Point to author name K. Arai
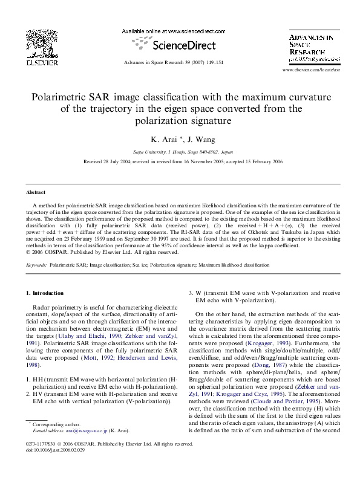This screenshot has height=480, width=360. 160,139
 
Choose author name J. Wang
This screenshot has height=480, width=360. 194,139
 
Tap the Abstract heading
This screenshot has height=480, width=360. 35,192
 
